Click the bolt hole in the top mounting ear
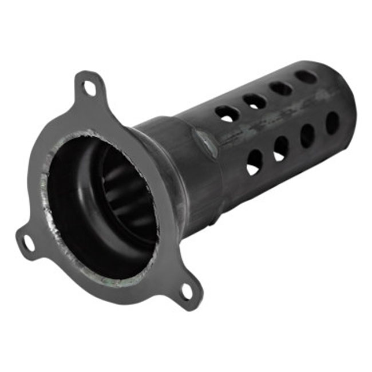point(89,88)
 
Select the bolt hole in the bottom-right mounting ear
point(186,292)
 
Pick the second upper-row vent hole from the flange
point(254,101)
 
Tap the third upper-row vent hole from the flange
point(281,88)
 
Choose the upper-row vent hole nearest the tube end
point(306,77)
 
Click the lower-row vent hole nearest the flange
point(254,162)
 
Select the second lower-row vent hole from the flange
point(281,148)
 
